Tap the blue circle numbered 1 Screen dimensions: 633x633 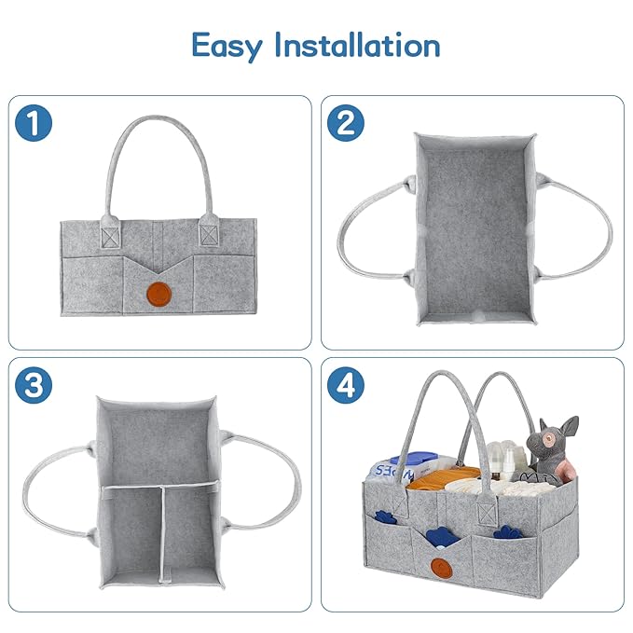coord(33,124)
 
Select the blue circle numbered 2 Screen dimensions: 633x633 coord(346,124)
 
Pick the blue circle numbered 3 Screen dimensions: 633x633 coord(33,386)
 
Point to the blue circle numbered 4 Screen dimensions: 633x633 coord(346,386)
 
